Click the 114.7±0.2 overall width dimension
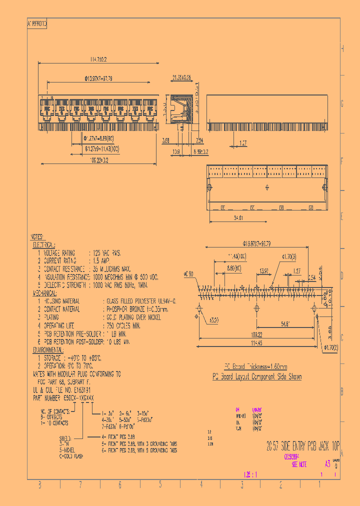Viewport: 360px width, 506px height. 98,59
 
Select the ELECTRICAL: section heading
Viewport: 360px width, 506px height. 46,245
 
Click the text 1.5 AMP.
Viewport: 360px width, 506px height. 101,260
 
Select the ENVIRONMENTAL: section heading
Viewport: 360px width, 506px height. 49,349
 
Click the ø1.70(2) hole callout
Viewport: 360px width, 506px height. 330,347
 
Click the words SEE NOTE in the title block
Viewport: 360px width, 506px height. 299,464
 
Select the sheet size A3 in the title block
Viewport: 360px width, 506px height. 327,464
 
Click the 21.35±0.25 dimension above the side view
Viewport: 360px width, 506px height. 181,78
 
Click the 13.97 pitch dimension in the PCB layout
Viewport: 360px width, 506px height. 264,270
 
